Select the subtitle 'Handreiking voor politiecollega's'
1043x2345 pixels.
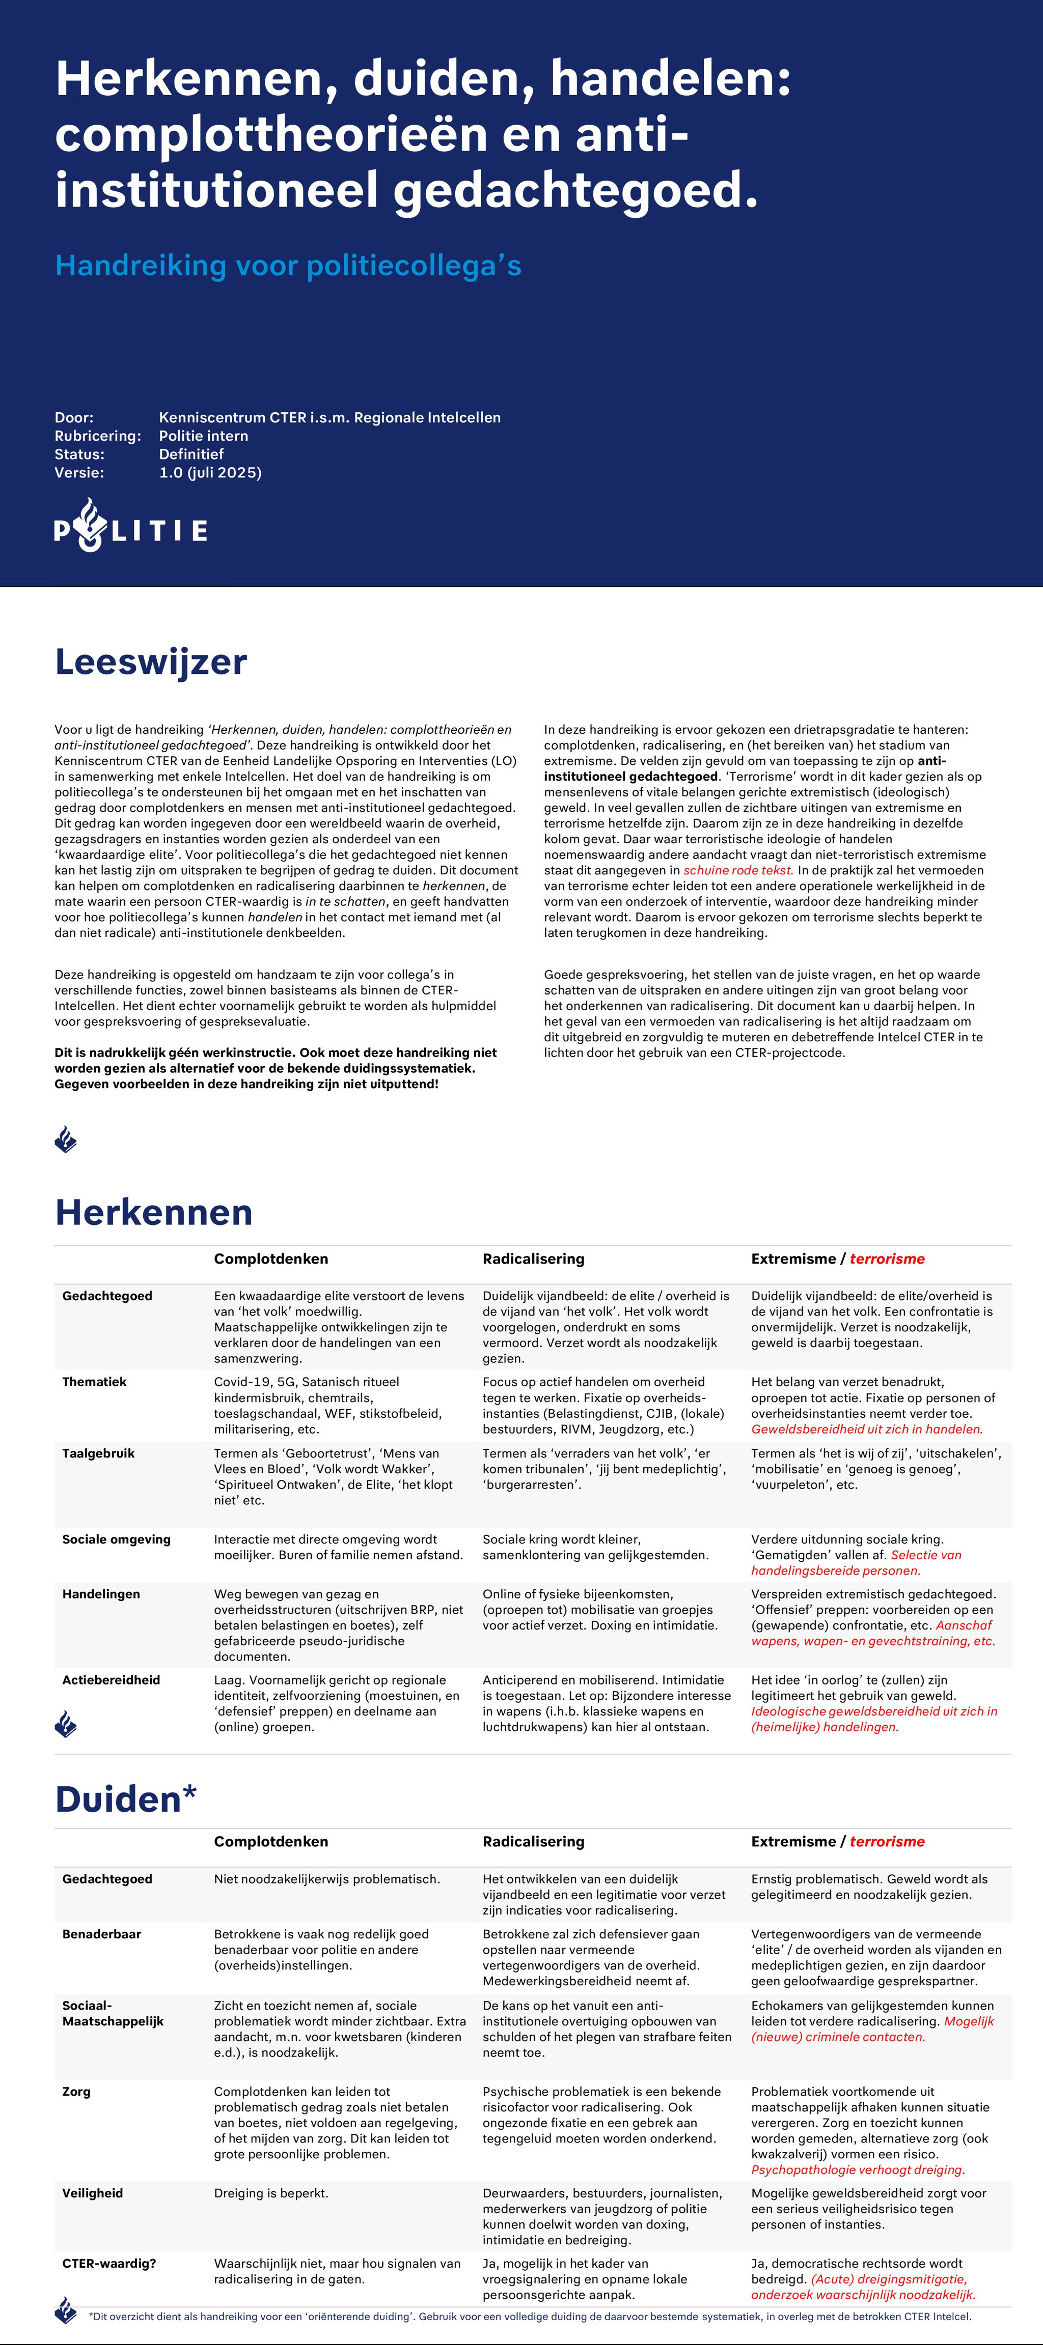coord(288,265)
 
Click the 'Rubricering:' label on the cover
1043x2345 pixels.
coord(97,436)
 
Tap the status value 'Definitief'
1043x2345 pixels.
coord(191,454)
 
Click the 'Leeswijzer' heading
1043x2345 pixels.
coord(150,662)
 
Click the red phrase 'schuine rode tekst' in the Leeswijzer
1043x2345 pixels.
coord(738,870)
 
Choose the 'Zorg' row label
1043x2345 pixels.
coord(76,2092)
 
